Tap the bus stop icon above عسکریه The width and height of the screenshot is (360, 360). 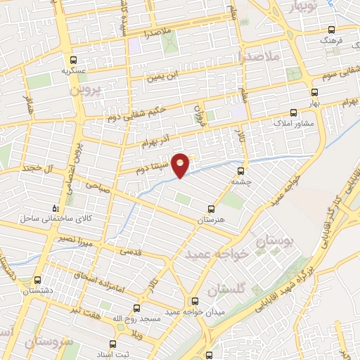click(x=73, y=60)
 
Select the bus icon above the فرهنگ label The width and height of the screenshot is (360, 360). click(x=333, y=30)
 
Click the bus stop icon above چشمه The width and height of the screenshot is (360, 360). click(x=241, y=170)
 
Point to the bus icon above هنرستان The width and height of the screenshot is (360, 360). click(x=211, y=209)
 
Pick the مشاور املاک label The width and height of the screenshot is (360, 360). click(x=286, y=122)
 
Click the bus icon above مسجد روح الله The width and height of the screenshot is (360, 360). click(x=136, y=307)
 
